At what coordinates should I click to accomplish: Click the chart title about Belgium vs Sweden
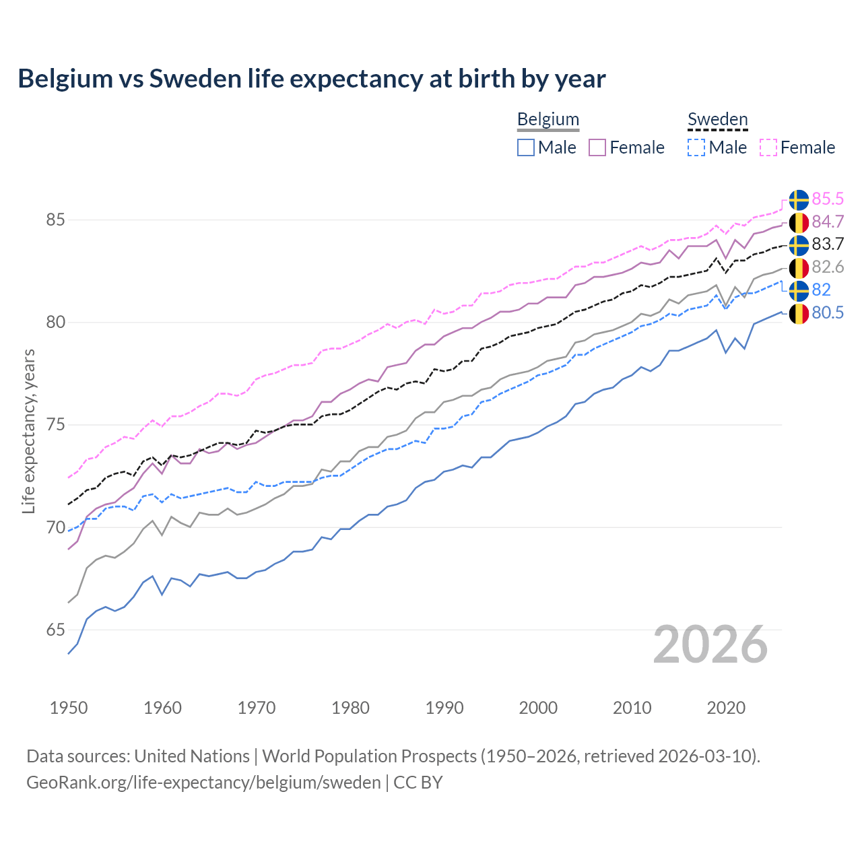click(311, 79)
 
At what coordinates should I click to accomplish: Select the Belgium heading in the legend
click(548, 119)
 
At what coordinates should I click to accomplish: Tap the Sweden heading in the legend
click(717, 119)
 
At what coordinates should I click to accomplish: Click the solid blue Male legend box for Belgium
click(526, 147)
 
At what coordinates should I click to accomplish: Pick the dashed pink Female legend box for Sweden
click(768, 147)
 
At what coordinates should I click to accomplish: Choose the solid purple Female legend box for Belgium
click(597, 147)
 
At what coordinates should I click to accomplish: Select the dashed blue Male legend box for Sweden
click(696, 147)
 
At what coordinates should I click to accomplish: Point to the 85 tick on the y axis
click(55, 220)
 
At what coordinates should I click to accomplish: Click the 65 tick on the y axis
click(55, 630)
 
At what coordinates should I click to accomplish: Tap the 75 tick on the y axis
click(55, 425)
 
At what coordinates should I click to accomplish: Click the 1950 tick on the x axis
click(69, 708)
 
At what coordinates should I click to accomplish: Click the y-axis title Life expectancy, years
click(28, 431)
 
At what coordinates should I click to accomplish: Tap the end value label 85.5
click(828, 199)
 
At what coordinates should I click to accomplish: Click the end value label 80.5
click(828, 312)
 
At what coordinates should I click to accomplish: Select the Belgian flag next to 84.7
click(799, 222)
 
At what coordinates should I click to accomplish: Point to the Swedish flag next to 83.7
click(799, 244)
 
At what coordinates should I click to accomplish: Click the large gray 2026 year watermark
click(710, 644)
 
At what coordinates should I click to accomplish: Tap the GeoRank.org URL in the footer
click(203, 783)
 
